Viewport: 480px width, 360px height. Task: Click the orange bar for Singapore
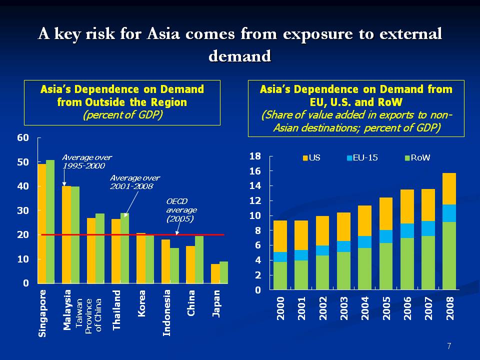[x=42, y=223]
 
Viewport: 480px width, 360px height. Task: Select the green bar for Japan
[x=223, y=272]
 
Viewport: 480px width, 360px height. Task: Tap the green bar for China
[x=199, y=259]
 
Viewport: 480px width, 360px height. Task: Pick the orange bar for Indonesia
[x=165, y=261]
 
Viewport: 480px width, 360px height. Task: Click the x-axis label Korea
[x=141, y=303]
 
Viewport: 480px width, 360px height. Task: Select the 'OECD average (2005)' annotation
[x=181, y=210]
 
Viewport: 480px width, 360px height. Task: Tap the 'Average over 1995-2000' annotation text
[x=86, y=161]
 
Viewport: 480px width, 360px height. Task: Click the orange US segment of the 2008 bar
[x=449, y=188]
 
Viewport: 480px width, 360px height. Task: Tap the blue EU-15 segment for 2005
[x=386, y=236]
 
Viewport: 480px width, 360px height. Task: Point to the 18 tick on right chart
[x=255, y=156]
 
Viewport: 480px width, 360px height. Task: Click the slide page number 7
[x=449, y=346]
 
